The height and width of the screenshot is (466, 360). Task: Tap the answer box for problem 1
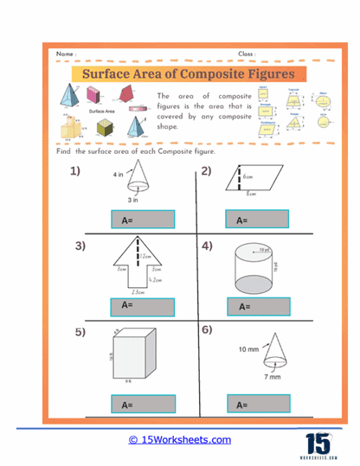[143, 220]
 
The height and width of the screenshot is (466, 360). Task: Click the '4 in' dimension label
[118, 175]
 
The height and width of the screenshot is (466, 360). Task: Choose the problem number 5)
[80, 331]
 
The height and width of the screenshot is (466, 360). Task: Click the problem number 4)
[207, 246]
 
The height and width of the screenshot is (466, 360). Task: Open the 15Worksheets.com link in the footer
[180, 439]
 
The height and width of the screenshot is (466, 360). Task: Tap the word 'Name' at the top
[66, 54]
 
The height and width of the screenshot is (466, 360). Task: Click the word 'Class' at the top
[246, 54]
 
